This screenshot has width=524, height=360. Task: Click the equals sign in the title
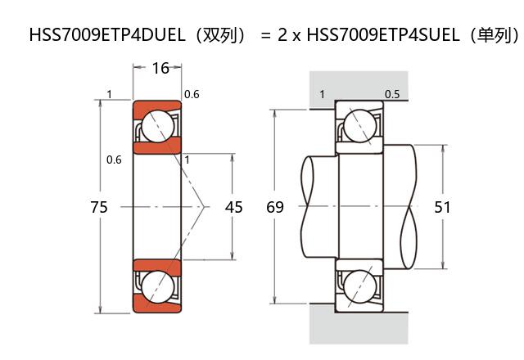(264, 36)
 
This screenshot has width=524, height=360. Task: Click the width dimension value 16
(160, 68)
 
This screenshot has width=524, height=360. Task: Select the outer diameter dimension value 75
(99, 208)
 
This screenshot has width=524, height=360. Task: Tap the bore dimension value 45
(233, 208)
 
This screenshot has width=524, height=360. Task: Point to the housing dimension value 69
(275, 208)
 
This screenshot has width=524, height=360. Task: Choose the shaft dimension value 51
(442, 208)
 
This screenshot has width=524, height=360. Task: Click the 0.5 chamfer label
(392, 95)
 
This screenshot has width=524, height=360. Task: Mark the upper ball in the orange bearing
(156, 127)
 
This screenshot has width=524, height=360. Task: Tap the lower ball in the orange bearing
(156, 287)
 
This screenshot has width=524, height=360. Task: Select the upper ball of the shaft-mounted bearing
(359, 127)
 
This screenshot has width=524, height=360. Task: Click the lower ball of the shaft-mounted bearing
(359, 287)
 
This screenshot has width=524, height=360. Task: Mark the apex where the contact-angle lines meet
(206, 208)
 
